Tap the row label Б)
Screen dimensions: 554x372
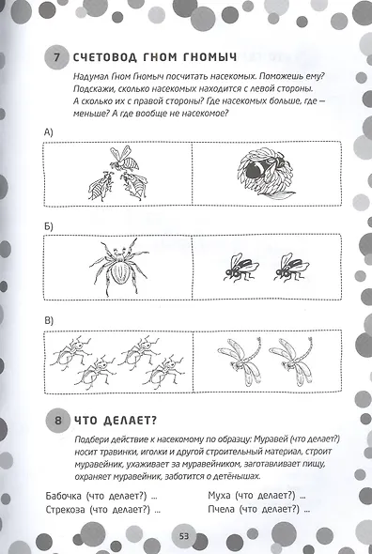click(x=49, y=225)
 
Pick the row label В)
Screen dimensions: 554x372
click(x=49, y=320)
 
